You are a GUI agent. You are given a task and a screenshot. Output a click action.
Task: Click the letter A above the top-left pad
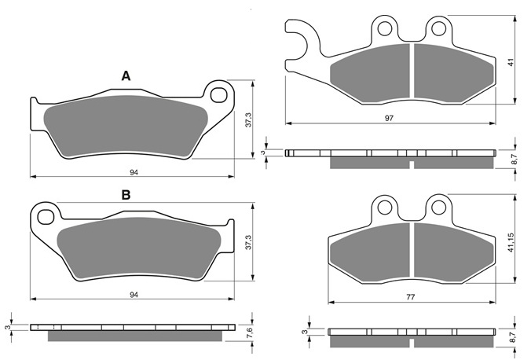(126, 76)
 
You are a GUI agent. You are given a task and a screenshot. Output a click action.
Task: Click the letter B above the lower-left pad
(126, 195)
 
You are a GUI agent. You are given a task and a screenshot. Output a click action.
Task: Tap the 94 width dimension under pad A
(134, 173)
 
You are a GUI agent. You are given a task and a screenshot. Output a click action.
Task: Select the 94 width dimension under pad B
(134, 295)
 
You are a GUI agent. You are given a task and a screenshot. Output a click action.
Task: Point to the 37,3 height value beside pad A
(249, 120)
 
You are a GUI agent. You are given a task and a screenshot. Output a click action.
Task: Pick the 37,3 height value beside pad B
(249, 242)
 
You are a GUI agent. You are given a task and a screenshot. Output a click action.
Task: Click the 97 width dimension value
(389, 119)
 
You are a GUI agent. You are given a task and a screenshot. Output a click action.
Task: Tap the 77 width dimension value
(411, 297)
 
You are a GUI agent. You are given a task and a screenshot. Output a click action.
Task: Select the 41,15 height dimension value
(511, 242)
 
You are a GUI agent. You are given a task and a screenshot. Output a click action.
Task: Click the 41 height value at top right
(511, 62)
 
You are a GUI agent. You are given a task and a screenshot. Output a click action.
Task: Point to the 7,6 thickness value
(250, 332)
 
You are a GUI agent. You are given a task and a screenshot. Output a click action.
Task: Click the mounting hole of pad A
(219, 95)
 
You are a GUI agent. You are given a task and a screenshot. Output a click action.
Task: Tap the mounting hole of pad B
(46, 217)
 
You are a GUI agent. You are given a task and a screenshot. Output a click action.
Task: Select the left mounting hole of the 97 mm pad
(385, 28)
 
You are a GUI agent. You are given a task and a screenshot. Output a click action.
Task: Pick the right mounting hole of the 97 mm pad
(439, 28)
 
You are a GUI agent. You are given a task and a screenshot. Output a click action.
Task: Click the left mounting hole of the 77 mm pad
(385, 208)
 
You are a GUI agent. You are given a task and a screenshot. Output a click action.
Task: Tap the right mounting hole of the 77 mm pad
(439, 208)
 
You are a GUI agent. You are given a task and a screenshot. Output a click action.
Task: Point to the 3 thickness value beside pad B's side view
(6, 328)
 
